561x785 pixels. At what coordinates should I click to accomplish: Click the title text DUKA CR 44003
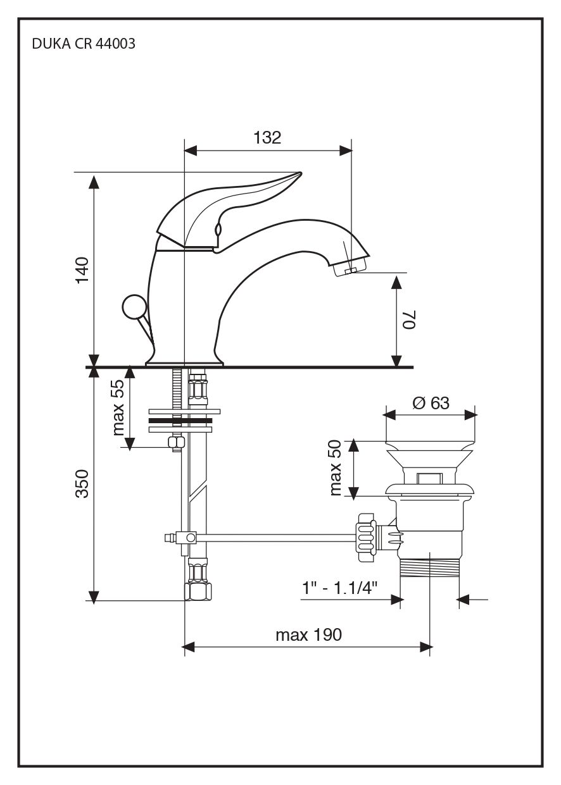[x=83, y=45]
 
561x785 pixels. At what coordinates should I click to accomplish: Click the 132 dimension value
[x=267, y=138]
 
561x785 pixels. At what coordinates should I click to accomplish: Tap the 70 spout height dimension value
[x=409, y=319]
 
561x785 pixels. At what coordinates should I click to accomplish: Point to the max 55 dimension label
[x=118, y=408]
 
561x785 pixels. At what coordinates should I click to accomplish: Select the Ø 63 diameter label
[x=431, y=402]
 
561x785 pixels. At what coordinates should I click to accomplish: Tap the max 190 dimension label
[x=308, y=634]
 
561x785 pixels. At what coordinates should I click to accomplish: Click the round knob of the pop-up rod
[x=134, y=308]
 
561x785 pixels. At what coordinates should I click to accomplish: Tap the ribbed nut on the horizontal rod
[x=365, y=537]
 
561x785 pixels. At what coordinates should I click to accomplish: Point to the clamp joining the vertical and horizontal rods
[x=188, y=538]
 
